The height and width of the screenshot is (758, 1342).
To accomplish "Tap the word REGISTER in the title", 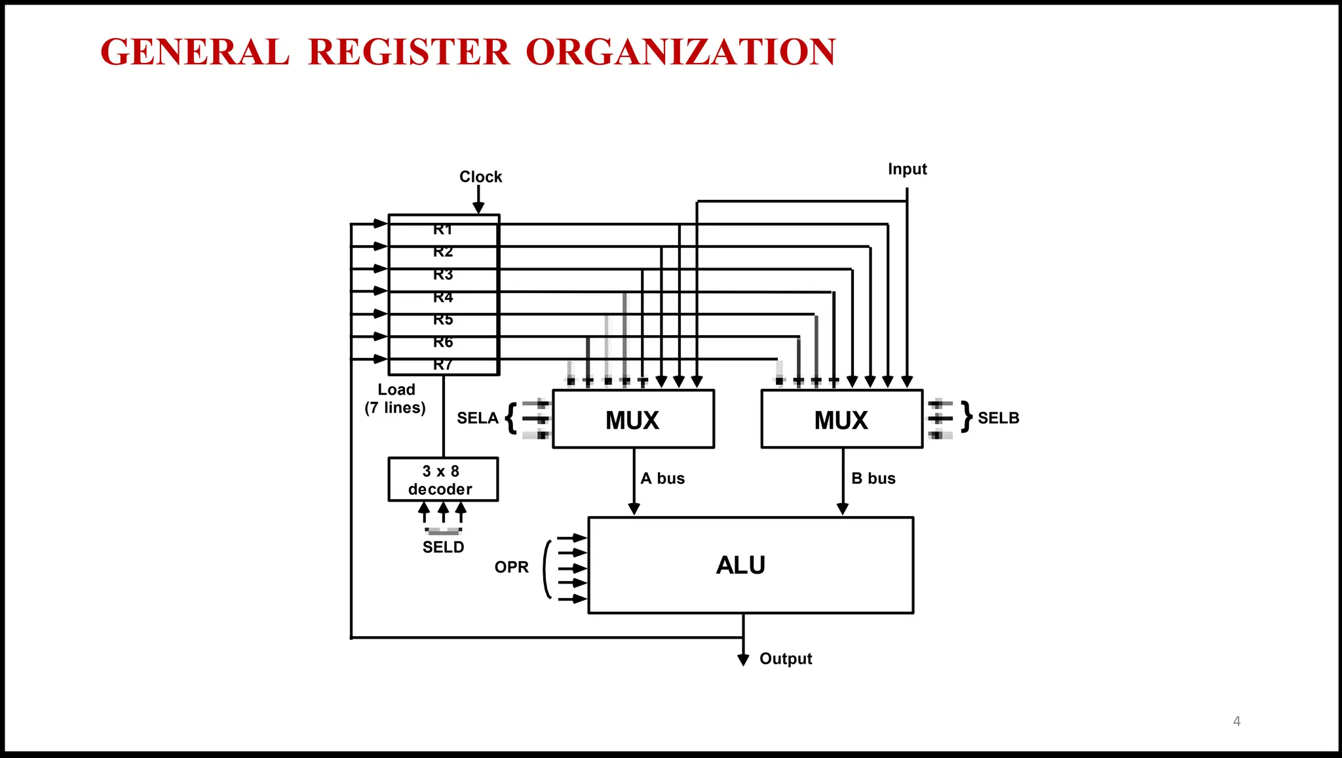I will coord(408,52).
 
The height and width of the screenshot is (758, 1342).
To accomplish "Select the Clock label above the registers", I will coord(480,176).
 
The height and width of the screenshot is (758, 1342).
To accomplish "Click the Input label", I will coord(907,169).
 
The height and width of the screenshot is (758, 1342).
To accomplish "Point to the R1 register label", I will coord(443,229).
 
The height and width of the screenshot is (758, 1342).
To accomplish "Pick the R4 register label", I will coord(443,297).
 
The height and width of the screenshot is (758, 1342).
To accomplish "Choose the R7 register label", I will coord(443,365).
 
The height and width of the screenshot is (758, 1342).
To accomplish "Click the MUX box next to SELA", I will coord(632,420).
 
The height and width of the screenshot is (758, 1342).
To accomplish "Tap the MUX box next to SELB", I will coord(841,420).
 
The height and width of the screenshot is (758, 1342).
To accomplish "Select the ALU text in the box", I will coord(740,565).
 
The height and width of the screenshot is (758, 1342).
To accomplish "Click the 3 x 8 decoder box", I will coord(442,480).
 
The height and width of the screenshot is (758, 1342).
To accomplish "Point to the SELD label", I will coord(443,547).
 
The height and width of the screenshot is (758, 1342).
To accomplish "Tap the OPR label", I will coord(511,567).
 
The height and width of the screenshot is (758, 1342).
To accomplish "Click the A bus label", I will coord(662,479).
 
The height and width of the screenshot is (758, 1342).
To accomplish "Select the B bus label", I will coord(873,479).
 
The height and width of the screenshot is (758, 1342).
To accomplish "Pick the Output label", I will coord(785,658).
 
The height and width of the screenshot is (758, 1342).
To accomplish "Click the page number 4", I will coord(1237,721).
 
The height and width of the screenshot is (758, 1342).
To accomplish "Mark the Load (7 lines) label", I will coord(396,399).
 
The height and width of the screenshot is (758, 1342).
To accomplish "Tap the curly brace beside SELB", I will coord(967,417).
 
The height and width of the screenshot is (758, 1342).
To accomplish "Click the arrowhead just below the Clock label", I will coord(478,207).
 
